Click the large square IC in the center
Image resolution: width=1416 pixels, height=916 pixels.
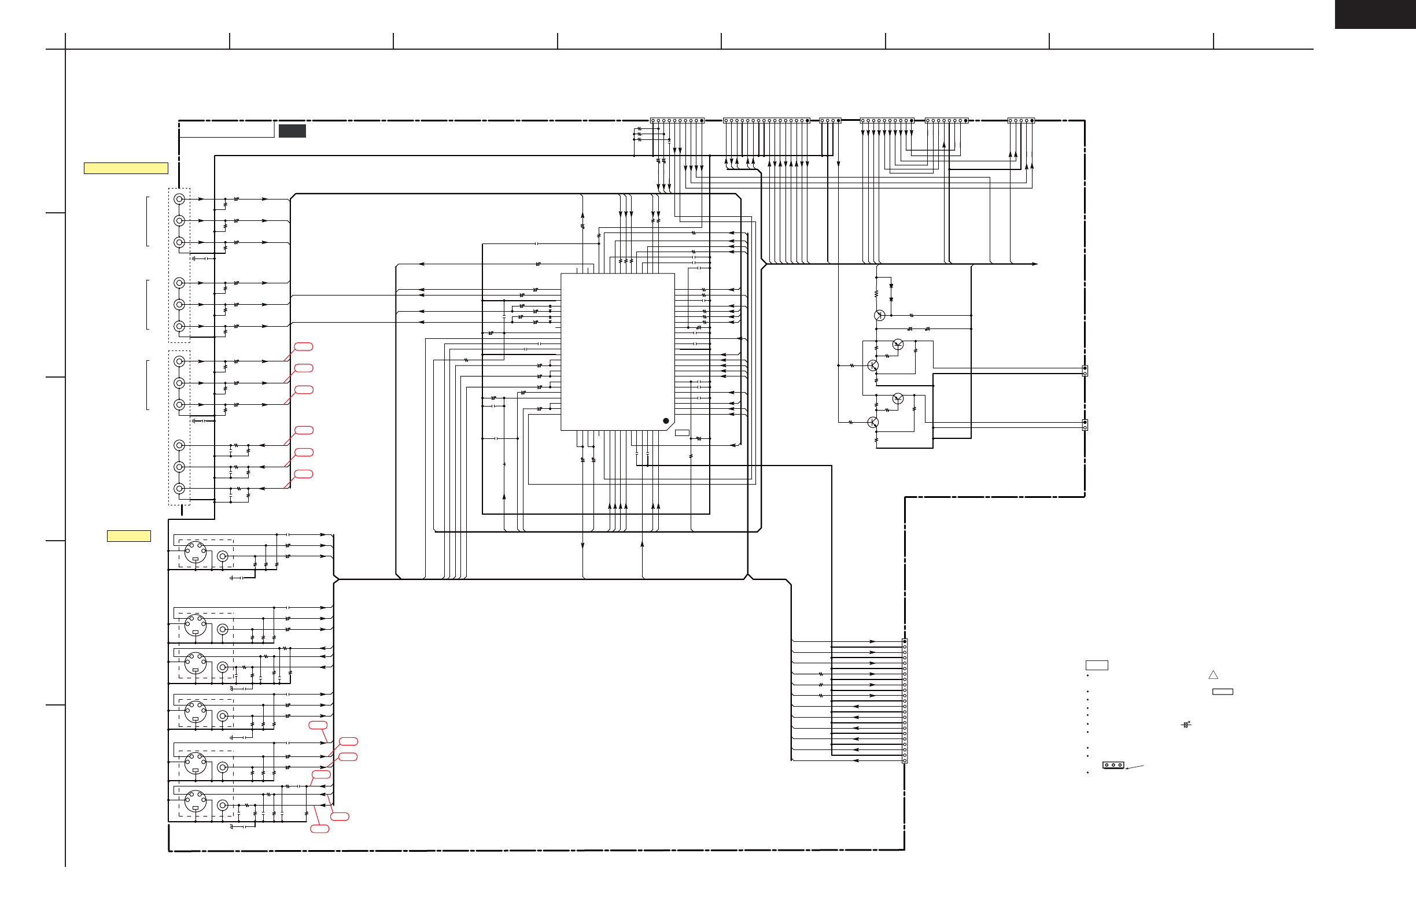[618, 352]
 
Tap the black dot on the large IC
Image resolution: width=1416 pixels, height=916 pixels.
[666, 421]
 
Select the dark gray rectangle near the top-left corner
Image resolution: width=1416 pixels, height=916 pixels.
[292, 131]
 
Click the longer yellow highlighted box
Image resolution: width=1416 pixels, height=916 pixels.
[126, 168]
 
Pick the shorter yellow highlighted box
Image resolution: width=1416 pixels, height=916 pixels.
[128, 536]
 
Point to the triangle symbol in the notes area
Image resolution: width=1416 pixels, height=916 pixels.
[1213, 675]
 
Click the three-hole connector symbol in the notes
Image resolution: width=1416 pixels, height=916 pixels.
[1113, 765]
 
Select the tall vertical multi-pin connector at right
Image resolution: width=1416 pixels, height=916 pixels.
[905, 701]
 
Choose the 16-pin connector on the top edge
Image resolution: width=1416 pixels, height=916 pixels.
[766, 121]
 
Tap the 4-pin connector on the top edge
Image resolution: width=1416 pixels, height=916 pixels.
[830, 121]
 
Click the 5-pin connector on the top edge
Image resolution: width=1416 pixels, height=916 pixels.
[1021, 121]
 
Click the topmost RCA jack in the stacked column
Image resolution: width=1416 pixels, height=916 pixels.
[179, 199]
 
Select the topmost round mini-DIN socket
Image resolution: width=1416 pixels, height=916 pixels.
[195, 552]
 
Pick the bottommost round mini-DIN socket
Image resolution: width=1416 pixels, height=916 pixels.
[195, 800]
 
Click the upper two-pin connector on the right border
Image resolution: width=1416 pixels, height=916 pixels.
[1085, 371]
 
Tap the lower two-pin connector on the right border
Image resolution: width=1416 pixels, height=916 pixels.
[1085, 425]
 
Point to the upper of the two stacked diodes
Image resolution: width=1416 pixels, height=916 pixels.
[891, 286]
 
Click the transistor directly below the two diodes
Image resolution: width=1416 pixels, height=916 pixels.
[879, 315]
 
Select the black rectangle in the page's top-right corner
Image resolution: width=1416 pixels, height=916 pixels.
[1375, 14]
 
